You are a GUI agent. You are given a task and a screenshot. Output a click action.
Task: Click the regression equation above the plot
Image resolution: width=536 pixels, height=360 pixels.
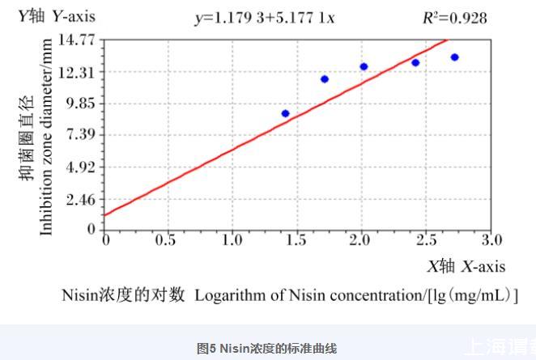264,18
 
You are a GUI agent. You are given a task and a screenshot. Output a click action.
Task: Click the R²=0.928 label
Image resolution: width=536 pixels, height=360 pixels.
456,18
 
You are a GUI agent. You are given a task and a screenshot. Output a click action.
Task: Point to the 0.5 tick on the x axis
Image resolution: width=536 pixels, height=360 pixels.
168,240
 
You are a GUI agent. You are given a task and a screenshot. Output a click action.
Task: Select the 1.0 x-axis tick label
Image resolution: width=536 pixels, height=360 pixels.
232,240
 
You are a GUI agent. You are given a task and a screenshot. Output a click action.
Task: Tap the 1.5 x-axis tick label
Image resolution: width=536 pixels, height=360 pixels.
297,240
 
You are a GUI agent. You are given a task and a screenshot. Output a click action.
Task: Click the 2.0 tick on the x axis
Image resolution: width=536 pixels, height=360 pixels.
361,240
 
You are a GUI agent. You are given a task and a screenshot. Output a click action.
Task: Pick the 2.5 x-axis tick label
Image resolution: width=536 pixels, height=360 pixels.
426,240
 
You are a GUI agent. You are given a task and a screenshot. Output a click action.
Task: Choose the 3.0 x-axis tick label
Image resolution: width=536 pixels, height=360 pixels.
491,240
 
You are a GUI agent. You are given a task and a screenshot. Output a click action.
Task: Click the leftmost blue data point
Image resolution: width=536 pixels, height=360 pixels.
286,113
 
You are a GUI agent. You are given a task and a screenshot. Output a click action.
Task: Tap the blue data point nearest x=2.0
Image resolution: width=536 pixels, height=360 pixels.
364,66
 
